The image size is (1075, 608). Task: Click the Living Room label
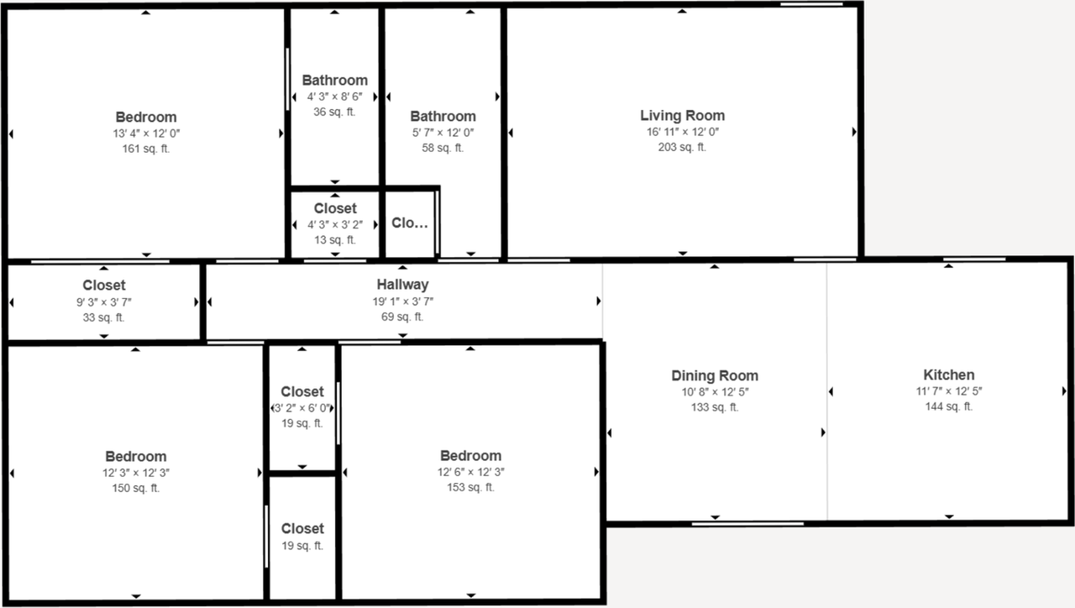point(682,116)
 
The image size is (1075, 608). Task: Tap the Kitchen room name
point(948,375)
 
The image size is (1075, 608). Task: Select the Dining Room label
point(714,376)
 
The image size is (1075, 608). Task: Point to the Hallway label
point(402,285)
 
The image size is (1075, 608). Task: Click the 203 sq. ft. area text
point(682,148)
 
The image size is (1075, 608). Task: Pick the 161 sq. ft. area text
point(146,149)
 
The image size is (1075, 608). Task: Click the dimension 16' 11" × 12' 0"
point(682,133)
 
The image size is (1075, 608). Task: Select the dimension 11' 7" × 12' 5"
point(948,391)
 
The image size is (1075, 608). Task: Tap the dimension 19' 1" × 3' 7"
point(402,301)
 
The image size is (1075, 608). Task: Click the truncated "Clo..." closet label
point(410,223)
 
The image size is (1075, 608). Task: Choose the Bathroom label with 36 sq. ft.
point(334,81)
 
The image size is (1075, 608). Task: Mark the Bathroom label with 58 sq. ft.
point(443,117)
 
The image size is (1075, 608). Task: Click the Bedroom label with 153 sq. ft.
point(470,456)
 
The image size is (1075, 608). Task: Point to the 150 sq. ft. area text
point(135,489)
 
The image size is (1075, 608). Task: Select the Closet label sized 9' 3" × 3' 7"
point(104,286)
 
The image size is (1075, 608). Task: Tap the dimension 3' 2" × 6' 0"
point(302,408)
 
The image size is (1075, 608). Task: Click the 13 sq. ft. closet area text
point(334,240)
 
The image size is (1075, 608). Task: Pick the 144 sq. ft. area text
point(948,407)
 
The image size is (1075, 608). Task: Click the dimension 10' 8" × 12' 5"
point(714,392)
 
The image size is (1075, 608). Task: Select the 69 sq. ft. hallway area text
point(402,317)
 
